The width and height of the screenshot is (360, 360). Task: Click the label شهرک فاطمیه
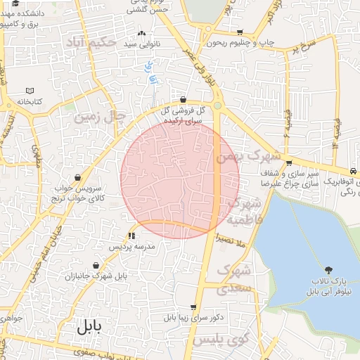point(245,212)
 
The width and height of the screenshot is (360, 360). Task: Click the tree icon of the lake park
point(329,270)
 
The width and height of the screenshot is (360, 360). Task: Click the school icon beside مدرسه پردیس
point(131,236)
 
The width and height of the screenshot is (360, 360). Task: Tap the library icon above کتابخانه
point(29,91)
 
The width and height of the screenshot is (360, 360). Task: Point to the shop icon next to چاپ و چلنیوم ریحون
point(240,32)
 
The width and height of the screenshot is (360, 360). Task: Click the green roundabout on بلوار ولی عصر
point(218,106)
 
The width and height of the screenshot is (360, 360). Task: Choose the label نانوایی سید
point(140,44)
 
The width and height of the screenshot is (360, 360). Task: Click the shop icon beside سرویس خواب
point(78,177)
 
